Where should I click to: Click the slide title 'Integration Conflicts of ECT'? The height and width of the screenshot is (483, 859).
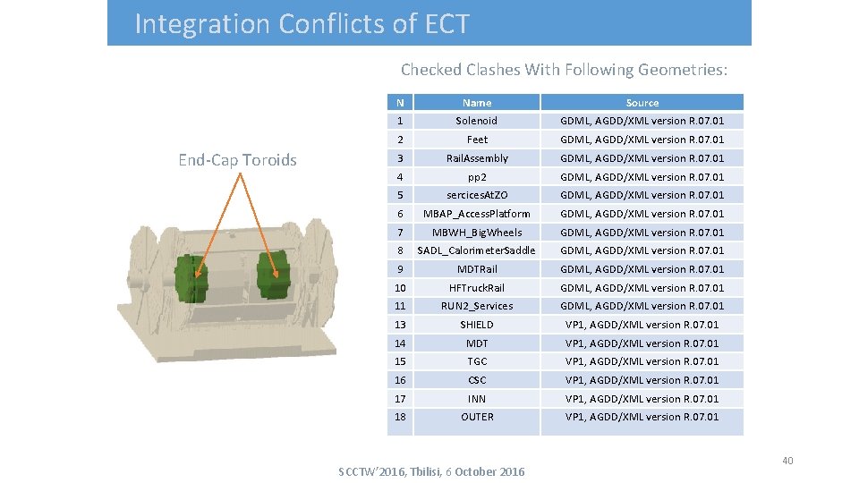tap(302, 24)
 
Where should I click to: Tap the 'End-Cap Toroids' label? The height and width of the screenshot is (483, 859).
tap(237, 160)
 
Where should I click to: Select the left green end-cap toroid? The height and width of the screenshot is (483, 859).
tap(190, 278)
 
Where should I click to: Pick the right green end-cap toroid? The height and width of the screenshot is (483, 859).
tap(274, 275)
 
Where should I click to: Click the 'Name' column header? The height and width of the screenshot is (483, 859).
tap(477, 103)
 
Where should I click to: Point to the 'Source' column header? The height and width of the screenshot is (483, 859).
tap(642, 103)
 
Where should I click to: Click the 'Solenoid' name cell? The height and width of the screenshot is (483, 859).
tap(477, 121)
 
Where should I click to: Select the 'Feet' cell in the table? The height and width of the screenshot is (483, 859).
tap(477, 140)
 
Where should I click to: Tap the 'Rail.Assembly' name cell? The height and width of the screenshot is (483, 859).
tap(477, 158)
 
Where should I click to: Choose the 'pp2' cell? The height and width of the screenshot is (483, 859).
tap(477, 177)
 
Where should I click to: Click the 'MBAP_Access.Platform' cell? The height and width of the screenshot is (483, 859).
tap(477, 214)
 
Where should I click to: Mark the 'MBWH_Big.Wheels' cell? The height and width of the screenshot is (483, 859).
tap(477, 233)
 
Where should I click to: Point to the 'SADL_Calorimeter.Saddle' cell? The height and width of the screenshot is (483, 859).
tap(477, 250)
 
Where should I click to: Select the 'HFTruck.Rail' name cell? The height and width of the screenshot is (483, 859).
tap(477, 288)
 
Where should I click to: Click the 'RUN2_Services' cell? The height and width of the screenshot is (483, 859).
tap(477, 306)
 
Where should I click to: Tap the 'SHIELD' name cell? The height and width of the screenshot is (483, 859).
tap(477, 325)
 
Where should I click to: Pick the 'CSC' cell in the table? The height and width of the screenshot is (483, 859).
tap(477, 380)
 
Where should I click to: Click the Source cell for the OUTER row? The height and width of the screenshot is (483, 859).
tap(642, 417)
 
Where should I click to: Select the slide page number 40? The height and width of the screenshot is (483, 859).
tap(787, 461)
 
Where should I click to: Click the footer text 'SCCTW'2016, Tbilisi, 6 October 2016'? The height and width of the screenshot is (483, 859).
tap(431, 471)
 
